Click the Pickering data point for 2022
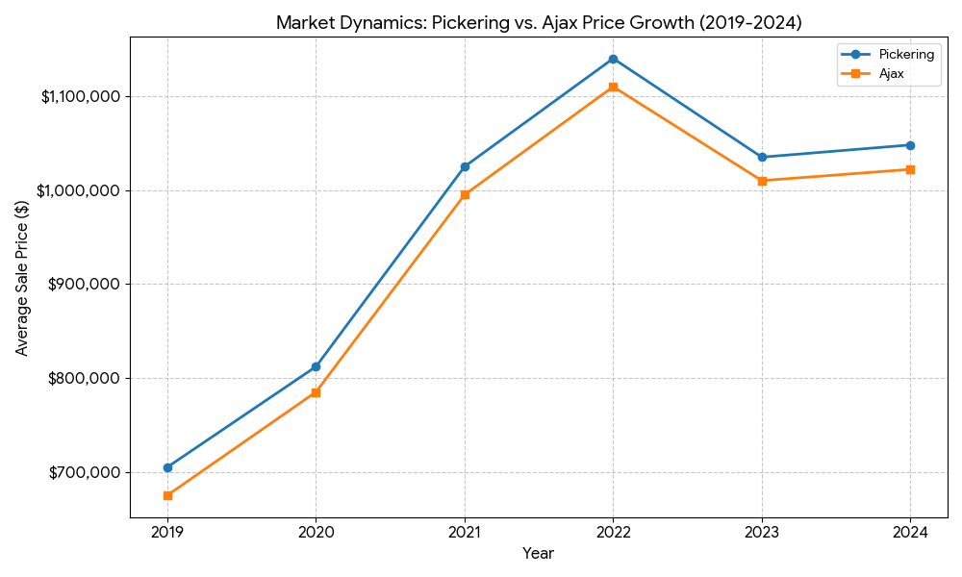pos(613,59)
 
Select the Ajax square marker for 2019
pos(167,495)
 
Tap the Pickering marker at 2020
pos(316,366)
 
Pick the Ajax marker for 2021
pos(465,194)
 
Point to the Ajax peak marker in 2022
pos(613,87)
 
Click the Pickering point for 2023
pos(762,157)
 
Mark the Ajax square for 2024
pos(910,169)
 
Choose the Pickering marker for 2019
pos(167,467)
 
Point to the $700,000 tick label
pos(86,472)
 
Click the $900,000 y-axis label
pos(86,284)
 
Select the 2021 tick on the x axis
pos(465,531)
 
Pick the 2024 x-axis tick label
pos(910,531)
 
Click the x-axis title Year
pos(538,554)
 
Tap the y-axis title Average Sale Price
pos(22,277)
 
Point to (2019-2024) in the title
pos(751,22)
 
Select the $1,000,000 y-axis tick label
pos(80,190)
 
